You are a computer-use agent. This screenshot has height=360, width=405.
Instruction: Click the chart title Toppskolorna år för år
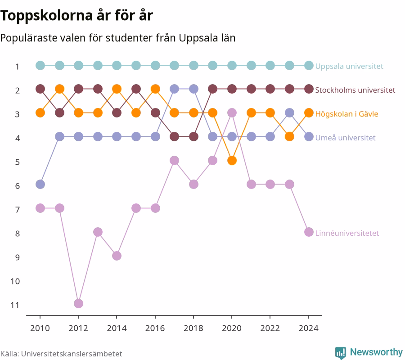pos(76,15)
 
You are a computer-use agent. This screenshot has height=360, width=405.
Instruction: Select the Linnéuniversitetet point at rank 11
pos(78,303)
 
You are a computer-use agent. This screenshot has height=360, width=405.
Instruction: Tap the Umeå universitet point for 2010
pos(40,184)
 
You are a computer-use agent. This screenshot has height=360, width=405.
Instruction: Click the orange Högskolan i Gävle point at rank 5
pos(232,160)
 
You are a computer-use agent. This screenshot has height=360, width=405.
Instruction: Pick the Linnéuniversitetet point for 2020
pos(232,113)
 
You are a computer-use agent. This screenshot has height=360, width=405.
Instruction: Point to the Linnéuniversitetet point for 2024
pos(309,232)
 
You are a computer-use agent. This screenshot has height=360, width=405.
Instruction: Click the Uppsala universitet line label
pos(349,66)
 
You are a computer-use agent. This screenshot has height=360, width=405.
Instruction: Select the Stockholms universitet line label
pos(355,90)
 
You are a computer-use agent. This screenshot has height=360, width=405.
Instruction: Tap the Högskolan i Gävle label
pos(346,114)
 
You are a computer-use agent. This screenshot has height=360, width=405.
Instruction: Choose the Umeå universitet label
pos(345,138)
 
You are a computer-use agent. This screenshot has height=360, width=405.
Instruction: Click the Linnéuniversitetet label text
pos(347,233)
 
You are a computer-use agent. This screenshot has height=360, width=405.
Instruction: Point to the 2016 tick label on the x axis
pos(155,328)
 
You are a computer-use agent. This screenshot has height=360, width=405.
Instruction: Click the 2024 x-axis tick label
pos(309,328)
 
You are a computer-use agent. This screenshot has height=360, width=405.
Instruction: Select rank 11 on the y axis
pos(15,305)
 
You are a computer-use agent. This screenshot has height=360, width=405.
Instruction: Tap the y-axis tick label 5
pos(17,162)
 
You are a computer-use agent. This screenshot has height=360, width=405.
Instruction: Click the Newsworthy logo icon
pos(341,353)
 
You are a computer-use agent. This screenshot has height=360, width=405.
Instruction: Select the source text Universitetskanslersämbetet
pos(72,354)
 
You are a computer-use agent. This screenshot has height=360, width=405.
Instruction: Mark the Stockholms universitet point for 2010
pos(40,89)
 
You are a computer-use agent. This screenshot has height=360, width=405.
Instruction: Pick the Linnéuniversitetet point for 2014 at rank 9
pos(117,256)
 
